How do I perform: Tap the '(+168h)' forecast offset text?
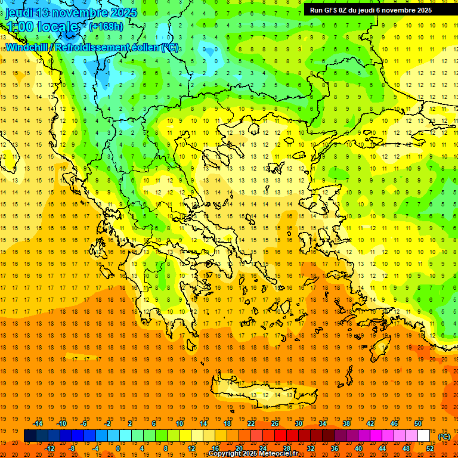tap(106, 26)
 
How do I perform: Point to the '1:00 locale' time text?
tap(42, 27)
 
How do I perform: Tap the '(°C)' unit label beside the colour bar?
tap(444, 437)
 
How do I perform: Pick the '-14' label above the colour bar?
tap(38, 423)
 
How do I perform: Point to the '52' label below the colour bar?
tap(430, 448)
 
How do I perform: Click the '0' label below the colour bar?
tap(117, 448)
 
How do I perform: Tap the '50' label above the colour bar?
tap(418, 423)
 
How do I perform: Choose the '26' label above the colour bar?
tap(275, 423)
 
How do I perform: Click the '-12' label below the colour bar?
tap(50, 448)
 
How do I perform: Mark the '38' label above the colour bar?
tap(346, 423)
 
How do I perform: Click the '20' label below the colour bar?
tap(239, 448)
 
